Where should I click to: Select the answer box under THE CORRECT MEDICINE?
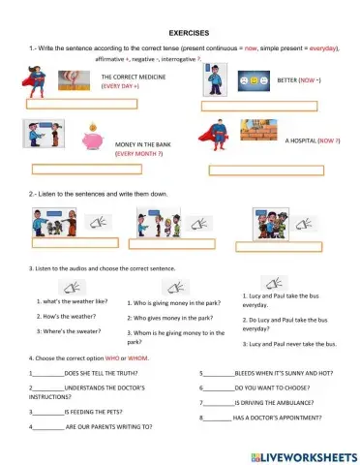(x=67, y=103)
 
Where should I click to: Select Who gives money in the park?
(x=170, y=318)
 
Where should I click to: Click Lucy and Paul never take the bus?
(x=289, y=344)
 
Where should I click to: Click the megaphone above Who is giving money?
(x=171, y=287)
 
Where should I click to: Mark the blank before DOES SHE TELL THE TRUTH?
(x=47, y=373)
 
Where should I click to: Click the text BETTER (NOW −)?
(x=299, y=80)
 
